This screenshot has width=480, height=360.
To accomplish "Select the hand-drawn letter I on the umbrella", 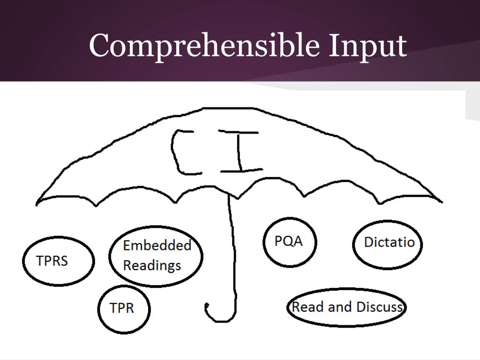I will [x=240, y=151].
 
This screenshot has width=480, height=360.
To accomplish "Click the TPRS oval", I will [x=58, y=261].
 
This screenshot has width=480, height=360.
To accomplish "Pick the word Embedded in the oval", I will [x=157, y=245].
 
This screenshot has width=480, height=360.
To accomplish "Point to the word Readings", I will [x=152, y=265].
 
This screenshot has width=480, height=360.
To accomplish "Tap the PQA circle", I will [x=289, y=242].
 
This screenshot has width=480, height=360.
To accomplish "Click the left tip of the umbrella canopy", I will [x=37, y=203].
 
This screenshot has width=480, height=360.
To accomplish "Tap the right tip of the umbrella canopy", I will [x=441, y=202].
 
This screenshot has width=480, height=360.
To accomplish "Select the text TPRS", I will [x=52, y=261].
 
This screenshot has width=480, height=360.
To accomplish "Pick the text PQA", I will [x=289, y=241].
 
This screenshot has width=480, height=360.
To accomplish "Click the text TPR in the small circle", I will [x=121, y=308].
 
